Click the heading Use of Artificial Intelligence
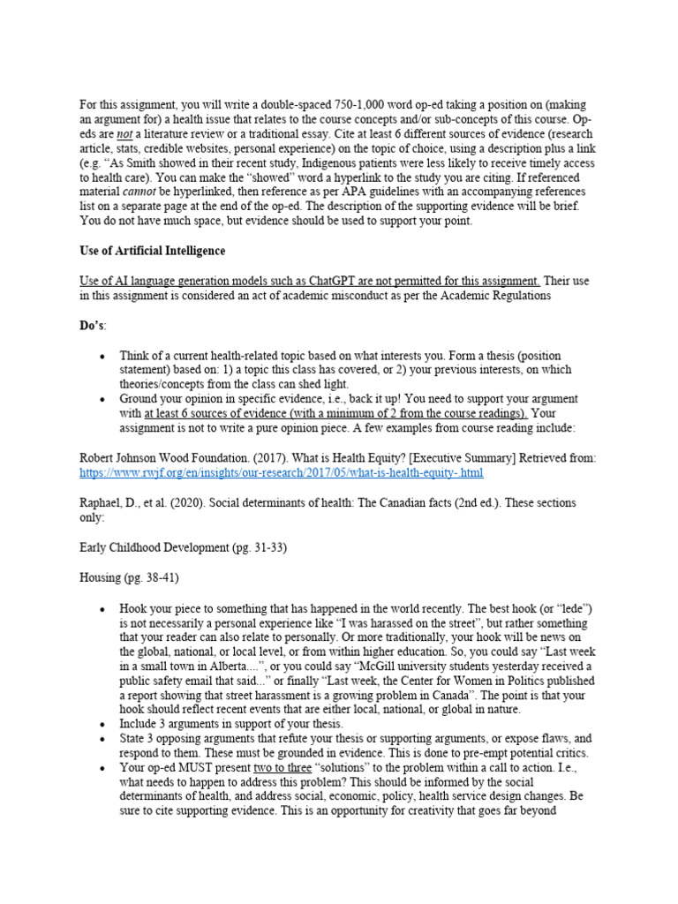(x=152, y=251)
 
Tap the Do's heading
(x=92, y=325)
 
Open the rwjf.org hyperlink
(x=281, y=472)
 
